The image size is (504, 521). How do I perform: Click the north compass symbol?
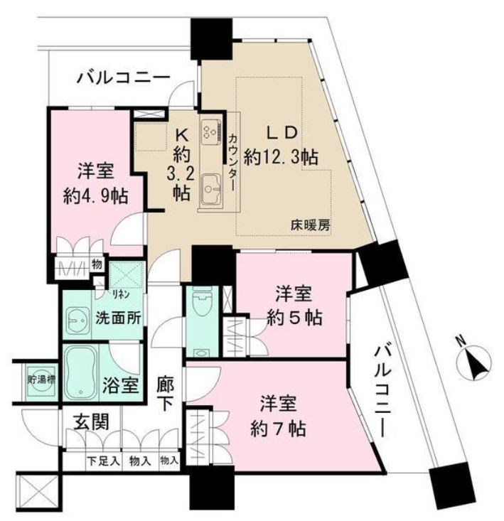pyautogui.click(x=474, y=363)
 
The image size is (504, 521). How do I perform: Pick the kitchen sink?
pyautogui.click(x=211, y=188)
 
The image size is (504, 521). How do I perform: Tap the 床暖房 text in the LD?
pyautogui.click(x=309, y=225)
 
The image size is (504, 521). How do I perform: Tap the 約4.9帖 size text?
pyautogui.click(x=95, y=195)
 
